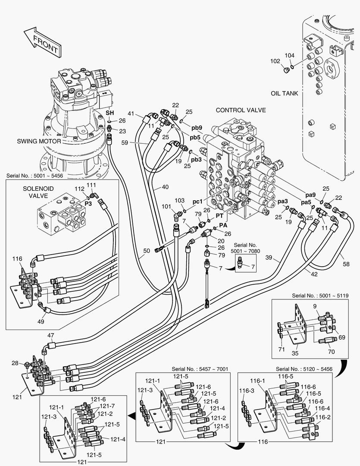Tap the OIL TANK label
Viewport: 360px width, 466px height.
285,93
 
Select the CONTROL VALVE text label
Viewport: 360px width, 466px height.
241,110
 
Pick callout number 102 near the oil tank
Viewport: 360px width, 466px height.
275,61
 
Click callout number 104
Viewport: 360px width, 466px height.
290,55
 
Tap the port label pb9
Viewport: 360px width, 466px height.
196,128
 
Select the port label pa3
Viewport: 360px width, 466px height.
282,201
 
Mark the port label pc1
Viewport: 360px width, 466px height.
198,202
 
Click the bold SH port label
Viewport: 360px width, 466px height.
110,112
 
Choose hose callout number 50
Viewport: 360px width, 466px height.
147,251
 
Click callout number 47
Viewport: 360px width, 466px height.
51,335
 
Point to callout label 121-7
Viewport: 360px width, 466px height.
107,406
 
